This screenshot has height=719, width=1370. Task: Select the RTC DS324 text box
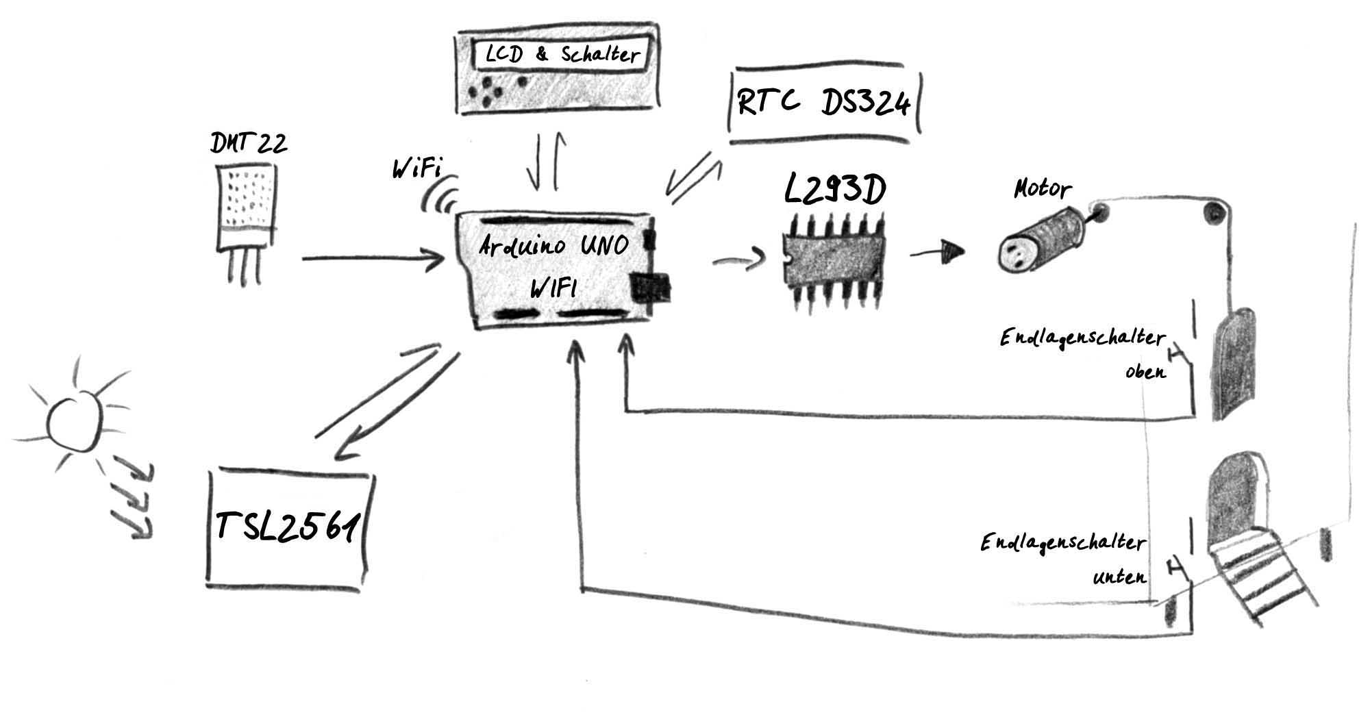pos(824,104)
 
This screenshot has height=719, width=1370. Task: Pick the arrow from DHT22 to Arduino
pos(373,260)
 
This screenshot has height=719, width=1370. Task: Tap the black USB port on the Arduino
pos(649,288)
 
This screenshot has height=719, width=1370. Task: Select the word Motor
pos(1042,188)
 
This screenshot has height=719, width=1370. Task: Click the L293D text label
pos(834,191)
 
